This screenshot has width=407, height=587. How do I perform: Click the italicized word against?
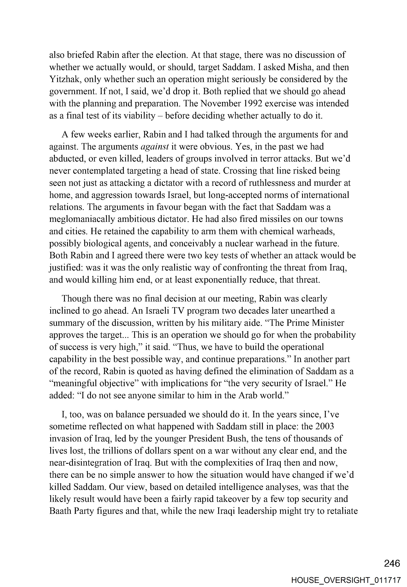(154, 147)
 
